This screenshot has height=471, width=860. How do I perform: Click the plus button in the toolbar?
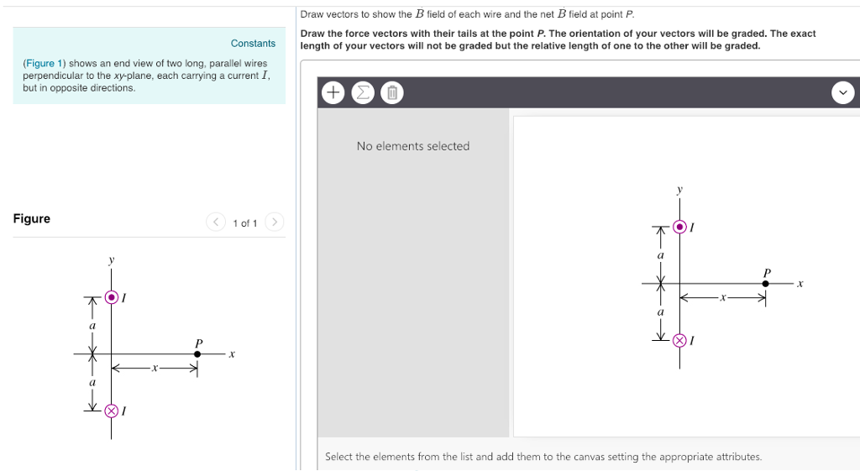[x=333, y=93]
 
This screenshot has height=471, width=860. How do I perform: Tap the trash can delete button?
[x=391, y=93]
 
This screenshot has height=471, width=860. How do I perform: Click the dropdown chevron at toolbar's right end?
[x=843, y=92]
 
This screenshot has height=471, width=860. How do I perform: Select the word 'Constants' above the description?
[x=253, y=44]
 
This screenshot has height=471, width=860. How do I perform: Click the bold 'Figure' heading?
[x=32, y=219]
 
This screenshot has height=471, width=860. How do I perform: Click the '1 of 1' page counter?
[x=244, y=223]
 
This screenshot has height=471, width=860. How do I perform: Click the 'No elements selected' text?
[x=412, y=146]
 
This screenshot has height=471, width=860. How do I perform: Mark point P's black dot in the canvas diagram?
[x=765, y=284]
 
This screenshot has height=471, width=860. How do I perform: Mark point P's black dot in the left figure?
[x=197, y=353]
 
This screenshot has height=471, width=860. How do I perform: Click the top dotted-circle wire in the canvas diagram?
[x=679, y=227]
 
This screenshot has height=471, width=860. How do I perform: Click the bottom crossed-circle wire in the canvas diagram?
[x=679, y=340]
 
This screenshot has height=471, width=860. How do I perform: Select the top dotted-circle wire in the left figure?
[x=112, y=296]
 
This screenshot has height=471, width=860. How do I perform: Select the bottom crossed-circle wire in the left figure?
[x=112, y=411]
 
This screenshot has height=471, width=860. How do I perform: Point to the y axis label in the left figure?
[x=111, y=261]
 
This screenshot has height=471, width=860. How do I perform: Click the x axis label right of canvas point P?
[x=800, y=284]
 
